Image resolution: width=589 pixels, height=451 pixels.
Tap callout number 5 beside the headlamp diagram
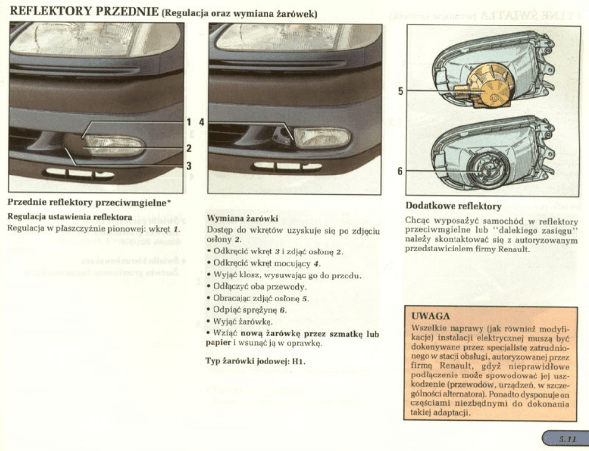[401, 91]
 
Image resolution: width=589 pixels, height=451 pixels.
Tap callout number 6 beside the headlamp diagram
[401, 171]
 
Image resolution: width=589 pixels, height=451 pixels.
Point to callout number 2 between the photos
[189, 148]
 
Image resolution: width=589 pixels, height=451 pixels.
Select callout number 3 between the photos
[189, 166]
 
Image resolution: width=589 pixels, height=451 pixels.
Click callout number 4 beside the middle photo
[201, 122]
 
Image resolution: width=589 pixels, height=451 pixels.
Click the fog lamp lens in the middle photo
[322, 137]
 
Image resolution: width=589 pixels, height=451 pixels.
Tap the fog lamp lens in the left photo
[116, 146]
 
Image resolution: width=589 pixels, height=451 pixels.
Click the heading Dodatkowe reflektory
[453, 206]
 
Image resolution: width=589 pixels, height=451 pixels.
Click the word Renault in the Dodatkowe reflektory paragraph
[515, 249]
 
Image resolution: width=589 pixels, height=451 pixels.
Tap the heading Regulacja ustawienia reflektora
[69, 216]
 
